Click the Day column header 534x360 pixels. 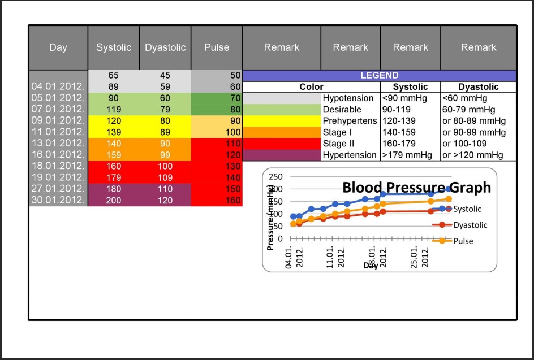click(58, 47)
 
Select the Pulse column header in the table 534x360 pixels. click(217, 47)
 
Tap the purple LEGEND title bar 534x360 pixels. click(379, 75)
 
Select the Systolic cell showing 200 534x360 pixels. click(114, 200)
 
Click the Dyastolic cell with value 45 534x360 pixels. click(165, 75)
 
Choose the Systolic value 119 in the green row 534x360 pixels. click(114, 109)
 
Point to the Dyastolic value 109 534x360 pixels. click(165, 177)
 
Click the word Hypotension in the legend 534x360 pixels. click(348, 98)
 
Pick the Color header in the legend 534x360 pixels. click(311, 87)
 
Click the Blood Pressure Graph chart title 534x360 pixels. click(416, 188)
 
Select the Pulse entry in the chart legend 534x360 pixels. click(463, 241)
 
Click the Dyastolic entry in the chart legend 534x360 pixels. click(470, 225)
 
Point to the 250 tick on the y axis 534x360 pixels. click(275, 176)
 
